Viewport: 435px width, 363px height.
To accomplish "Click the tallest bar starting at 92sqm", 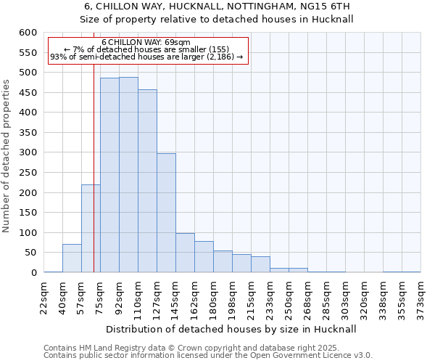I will click(x=128, y=175).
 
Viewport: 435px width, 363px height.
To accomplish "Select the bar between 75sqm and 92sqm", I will click(x=109, y=175).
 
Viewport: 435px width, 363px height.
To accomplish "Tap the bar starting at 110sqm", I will click(x=147, y=181).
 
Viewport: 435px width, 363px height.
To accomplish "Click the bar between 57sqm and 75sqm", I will click(x=91, y=229).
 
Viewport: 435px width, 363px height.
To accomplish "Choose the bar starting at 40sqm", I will click(x=72, y=258).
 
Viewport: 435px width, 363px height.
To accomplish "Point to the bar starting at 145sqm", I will click(x=185, y=253).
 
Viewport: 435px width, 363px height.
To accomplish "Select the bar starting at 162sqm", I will click(x=204, y=257).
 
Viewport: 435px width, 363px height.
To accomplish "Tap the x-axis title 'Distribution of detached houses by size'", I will click(x=232, y=329).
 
